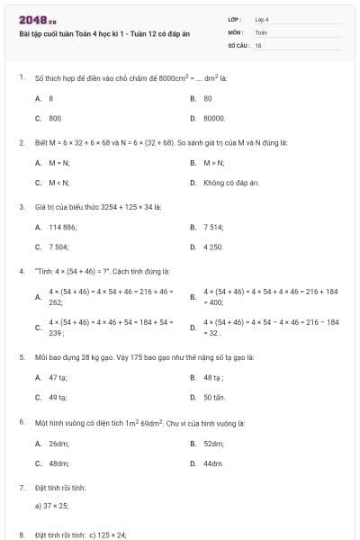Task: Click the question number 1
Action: (x=21, y=78)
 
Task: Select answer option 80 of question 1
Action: (x=208, y=98)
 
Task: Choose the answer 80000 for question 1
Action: (x=214, y=118)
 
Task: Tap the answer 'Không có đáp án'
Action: (x=230, y=183)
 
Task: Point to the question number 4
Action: (x=21, y=270)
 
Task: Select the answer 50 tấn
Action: (x=213, y=397)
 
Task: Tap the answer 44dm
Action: (x=213, y=463)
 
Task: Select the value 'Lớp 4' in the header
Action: (x=262, y=19)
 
